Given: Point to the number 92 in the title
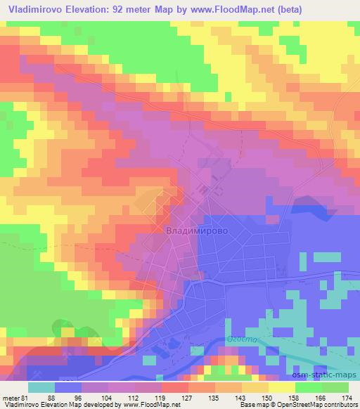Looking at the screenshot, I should click(x=137, y=8).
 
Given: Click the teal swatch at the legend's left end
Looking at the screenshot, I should click(x=41, y=387).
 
